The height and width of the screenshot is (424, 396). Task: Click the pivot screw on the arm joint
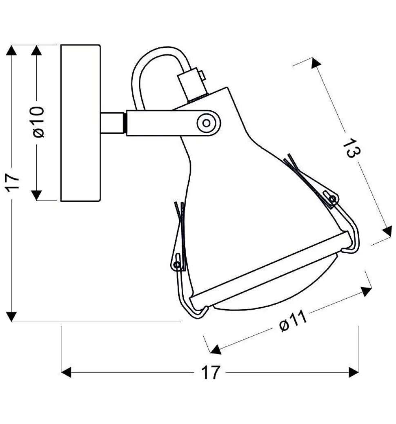(207, 122)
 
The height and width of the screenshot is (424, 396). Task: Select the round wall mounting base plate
(80, 123)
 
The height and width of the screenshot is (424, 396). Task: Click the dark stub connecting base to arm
(113, 123)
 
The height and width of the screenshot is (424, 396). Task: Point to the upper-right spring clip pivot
(333, 199)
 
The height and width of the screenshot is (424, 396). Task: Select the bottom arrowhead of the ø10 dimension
(37, 195)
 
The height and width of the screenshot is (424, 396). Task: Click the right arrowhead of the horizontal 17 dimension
(354, 372)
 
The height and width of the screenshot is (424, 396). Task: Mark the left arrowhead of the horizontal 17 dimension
(67, 372)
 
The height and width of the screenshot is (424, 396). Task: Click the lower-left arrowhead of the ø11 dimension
(216, 349)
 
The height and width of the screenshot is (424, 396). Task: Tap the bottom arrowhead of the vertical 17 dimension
(12, 316)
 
